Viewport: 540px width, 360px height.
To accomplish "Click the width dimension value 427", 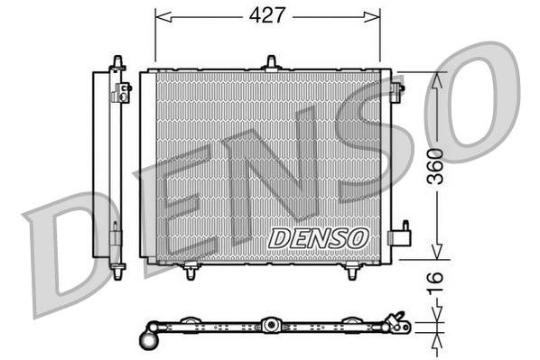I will click(267, 15).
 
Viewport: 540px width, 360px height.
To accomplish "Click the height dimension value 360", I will click(435, 166).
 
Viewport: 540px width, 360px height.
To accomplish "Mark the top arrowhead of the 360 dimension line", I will click(435, 78).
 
